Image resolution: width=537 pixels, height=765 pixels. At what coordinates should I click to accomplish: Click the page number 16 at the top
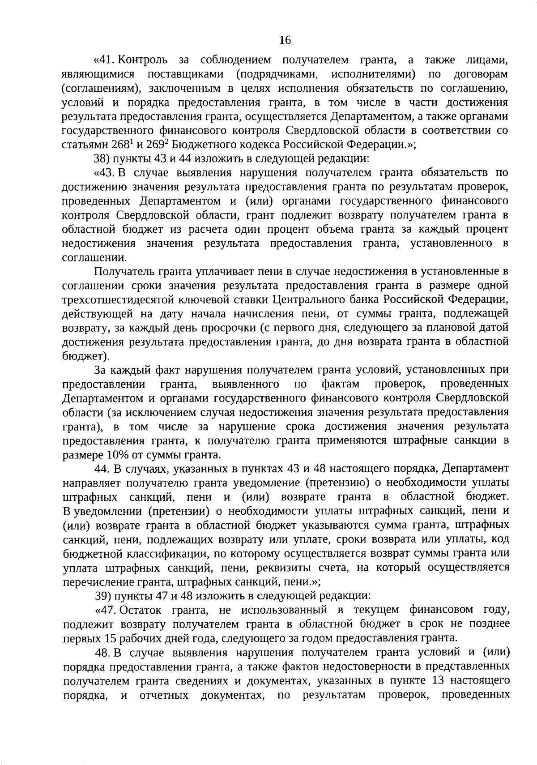285,40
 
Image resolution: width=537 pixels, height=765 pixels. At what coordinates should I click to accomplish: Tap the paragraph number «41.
105,60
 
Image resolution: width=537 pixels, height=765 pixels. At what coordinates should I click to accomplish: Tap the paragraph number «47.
105,610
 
